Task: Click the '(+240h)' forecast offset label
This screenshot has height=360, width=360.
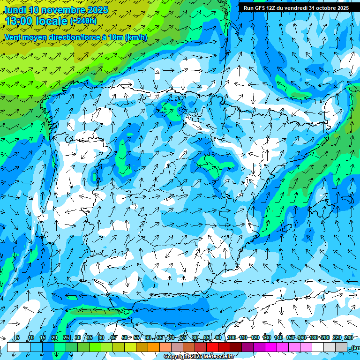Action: [83, 21]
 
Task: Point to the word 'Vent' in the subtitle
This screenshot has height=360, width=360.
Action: [14, 37]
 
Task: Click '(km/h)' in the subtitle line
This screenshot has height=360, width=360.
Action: [136, 37]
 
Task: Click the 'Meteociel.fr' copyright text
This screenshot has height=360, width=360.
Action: [217, 357]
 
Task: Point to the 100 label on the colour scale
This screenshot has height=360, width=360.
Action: [232, 337]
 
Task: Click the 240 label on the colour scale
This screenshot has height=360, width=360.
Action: [349, 337]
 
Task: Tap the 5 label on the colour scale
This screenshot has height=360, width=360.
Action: [18, 337]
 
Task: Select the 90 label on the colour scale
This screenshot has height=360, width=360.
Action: [218, 337]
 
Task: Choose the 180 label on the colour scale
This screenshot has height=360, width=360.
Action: [314, 337]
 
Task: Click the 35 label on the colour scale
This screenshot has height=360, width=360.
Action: [90, 337]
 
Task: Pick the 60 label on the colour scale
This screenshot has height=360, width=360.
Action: [148, 337]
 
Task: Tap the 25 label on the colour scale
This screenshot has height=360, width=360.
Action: [66, 337]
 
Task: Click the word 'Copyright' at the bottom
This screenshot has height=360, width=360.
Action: [177, 357]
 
